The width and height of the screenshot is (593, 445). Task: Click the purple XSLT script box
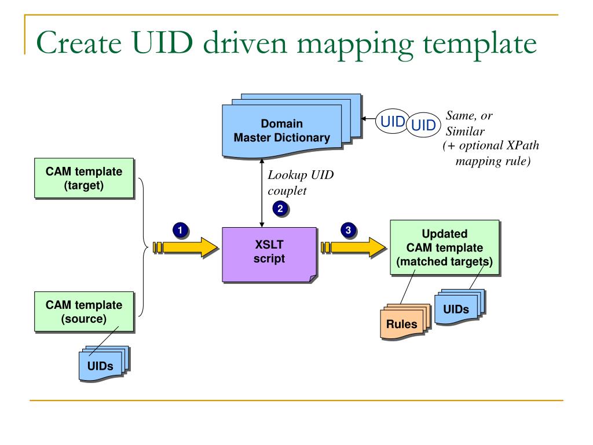269,253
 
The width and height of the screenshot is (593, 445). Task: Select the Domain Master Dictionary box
281,131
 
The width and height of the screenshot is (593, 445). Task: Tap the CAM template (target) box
84,179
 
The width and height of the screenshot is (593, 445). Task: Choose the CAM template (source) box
84,312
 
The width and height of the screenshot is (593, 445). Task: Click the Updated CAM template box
444,248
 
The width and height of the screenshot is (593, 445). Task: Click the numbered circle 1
180,231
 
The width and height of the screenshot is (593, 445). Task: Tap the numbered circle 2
280,209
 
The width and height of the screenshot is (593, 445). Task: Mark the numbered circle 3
347,231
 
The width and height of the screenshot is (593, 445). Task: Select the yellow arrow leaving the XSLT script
353,248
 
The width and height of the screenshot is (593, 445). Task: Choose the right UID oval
423,125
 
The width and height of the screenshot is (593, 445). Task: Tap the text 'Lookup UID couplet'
300,182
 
